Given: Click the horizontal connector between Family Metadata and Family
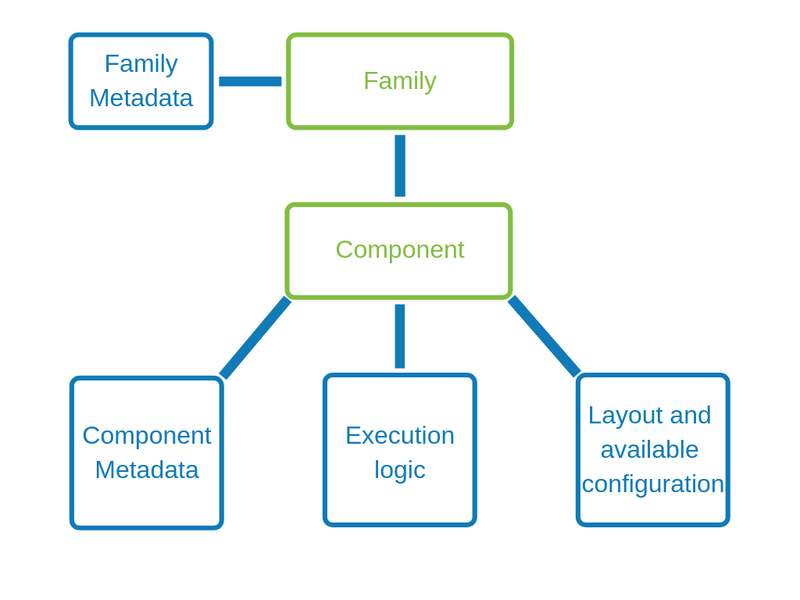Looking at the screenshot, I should [250, 81].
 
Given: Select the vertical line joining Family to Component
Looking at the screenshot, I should [400, 166].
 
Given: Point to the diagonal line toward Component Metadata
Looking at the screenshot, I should [255, 337].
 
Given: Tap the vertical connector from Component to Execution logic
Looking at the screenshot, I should [400, 336].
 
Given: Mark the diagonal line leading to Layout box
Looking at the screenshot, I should [544, 336].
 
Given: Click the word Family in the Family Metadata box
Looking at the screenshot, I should [141, 63].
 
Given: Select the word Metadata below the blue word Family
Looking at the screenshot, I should [141, 98].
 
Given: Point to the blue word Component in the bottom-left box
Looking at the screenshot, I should [147, 435].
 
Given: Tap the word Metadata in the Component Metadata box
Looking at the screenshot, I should [147, 470].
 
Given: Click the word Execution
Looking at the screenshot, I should [400, 435].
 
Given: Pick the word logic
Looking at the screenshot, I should [400, 470].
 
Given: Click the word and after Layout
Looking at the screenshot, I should [691, 415].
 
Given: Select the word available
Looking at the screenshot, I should [649, 449].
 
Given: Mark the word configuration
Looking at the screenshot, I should [653, 484].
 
